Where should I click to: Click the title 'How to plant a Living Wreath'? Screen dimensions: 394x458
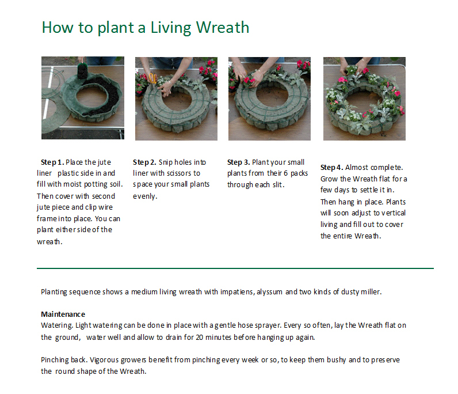click(x=145, y=27)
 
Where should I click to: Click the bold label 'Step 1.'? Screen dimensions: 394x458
click(x=52, y=162)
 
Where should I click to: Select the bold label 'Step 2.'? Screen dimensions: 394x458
click(x=144, y=162)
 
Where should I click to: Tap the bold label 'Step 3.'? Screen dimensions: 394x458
click(x=239, y=162)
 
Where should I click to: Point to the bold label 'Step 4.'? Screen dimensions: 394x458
click(x=332, y=167)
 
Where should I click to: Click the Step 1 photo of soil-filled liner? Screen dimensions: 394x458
click(x=82, y=98)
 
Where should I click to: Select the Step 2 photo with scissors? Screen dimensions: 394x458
click(x=176, y=98)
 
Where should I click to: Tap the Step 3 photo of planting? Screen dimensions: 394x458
click(x=269, y=98)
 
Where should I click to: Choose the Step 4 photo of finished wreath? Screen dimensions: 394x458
click(x=364, y=98)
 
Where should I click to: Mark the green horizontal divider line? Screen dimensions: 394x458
click(x=235, y=268)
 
